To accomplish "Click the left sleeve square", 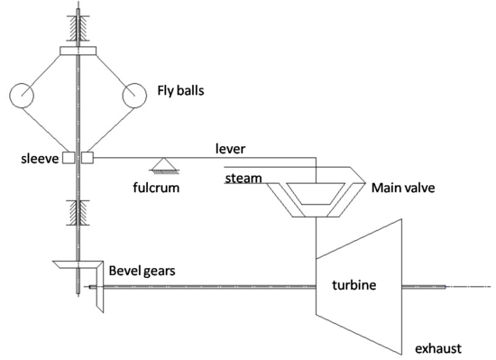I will click(68, 159).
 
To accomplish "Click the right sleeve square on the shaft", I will click(87, 159).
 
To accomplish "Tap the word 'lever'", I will click(232, 146).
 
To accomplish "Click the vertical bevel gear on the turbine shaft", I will click(99, 289).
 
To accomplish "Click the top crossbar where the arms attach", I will click(78, 49).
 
